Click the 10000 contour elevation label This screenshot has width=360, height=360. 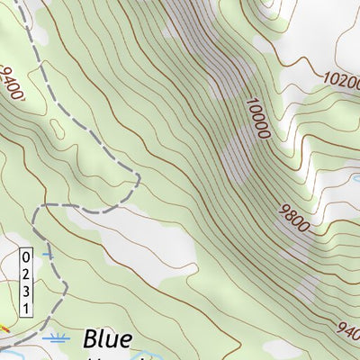tap(256, 117)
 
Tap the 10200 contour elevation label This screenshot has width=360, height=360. tap(341, 78)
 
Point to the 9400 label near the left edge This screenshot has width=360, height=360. tap(13, 82)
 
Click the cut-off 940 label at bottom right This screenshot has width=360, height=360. tap(348, 329)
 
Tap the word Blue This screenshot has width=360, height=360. tap(107, 339)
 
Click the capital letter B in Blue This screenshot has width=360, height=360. tap(92, 339)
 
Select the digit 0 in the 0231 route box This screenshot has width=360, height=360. tap(26, 256)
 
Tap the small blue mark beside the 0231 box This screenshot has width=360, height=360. tap(47, 255)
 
